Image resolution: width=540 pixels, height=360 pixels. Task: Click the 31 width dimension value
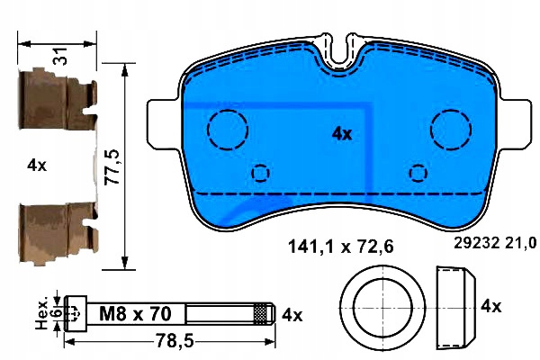click(x=61, y=56)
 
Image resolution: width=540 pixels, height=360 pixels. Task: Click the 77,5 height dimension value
click(x=112, y=167)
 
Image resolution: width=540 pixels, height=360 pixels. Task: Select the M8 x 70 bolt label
click(x=135, y=314)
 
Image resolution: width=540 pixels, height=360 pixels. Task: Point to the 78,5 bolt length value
click(x=175, y=341)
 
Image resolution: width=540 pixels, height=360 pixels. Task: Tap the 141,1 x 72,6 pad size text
click(x=340, y=247)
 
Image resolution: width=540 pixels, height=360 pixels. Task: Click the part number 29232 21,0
click(x=495, y=243)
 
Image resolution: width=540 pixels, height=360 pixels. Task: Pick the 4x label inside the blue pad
click(x=342, y=134)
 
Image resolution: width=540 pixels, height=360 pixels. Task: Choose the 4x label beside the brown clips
click(x=37, y=166)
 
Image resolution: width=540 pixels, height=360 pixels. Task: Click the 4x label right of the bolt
click(x=292, y=315)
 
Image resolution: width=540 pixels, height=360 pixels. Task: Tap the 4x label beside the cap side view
click(x=491, y=306)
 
